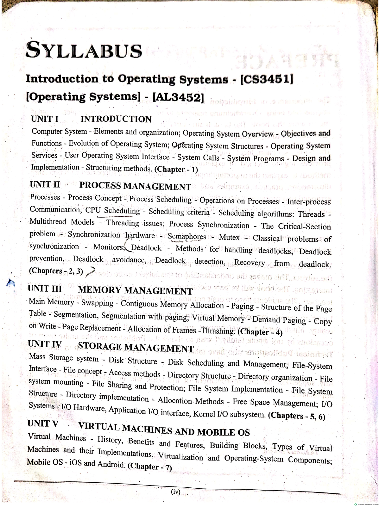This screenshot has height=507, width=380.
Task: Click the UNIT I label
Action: click(45, 119)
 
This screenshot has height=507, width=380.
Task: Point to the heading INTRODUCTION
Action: click(116, 119)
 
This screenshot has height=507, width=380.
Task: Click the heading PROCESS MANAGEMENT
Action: click(135, 186)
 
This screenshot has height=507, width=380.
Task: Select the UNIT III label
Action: click(45, 288)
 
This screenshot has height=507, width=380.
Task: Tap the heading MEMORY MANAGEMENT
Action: click(135, 290)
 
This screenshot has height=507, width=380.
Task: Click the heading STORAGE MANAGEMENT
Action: click(136, 347)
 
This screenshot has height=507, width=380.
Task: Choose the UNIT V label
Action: click(43, 424)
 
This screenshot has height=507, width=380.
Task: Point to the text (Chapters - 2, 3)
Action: click(56, 271)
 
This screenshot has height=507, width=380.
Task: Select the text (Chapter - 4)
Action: click(260, 332)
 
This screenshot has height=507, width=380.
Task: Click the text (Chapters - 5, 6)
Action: click(296, 416)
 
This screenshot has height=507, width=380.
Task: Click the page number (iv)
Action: click(175, 492)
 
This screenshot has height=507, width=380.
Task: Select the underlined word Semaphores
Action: click(187, 237)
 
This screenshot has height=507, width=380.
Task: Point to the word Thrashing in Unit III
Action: click(219, 331)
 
